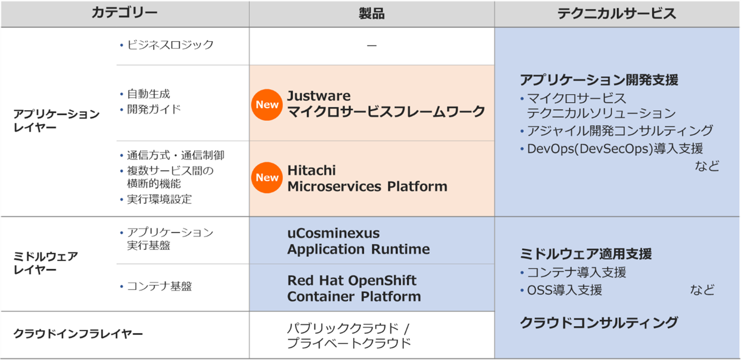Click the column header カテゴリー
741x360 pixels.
point(124,13)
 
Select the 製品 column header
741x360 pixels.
point(371,14)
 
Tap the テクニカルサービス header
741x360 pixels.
point(617,14)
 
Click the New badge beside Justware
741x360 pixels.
point(267,104)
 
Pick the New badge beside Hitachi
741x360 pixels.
point(267,178)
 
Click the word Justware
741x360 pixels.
point(319,96)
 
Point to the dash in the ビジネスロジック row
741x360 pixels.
point(371,45)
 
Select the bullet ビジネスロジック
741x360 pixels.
point(170,45)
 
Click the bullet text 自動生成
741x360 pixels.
point(149,94)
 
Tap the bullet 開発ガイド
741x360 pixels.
point(154,109)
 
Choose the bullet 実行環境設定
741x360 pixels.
point(159,199)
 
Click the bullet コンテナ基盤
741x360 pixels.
point(159,286)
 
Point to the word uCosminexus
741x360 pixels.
point(333,233)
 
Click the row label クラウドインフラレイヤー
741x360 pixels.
point(78,334)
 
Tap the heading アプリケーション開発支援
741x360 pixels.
point(599,80)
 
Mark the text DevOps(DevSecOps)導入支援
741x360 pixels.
point(615,149)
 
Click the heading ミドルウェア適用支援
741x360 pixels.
point(586,254)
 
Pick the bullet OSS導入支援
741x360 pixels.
point(564,290)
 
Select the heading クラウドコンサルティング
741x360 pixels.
point(599,323)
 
